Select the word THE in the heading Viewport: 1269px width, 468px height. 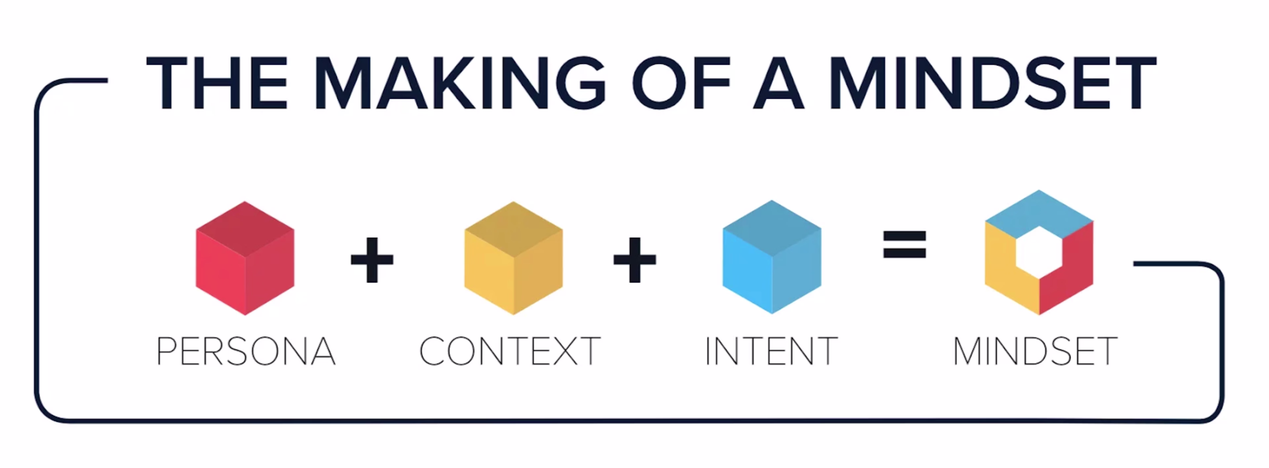point(217,82)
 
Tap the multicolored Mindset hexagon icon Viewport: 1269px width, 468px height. point(1039,252)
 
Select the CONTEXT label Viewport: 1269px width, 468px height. point(510,351)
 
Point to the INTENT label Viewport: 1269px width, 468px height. point(771,351)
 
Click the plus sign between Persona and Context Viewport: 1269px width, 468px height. point(372,260)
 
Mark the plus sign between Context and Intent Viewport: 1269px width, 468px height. point(634,260)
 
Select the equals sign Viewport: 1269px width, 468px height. point(904,245)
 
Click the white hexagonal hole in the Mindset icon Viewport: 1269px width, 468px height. point(1038,252)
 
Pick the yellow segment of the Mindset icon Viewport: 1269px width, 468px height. point(1005,276)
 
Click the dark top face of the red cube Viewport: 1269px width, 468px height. point(245,229)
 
